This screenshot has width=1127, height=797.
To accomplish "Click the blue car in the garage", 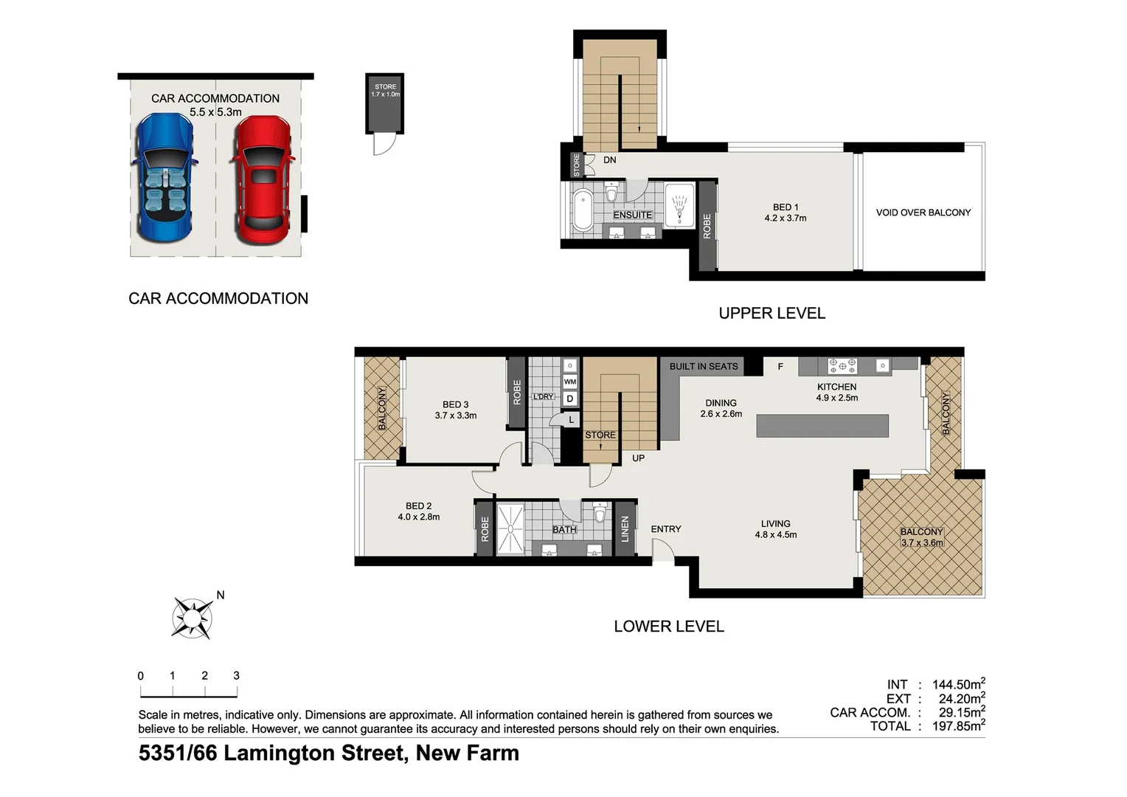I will [164, 179].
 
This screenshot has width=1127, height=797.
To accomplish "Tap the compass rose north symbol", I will [193, 617].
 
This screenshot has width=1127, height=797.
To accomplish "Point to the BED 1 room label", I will [786, 207].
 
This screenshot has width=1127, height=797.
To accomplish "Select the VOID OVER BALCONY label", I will [923, 213].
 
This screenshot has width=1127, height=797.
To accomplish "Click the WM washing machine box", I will [570, 382].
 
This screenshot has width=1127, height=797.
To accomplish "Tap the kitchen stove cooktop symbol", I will [842, 365].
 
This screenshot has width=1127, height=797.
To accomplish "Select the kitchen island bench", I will [822, 426].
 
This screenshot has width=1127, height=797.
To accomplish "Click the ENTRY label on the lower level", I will [665, 529].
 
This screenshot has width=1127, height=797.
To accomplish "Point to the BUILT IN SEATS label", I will [703, 366].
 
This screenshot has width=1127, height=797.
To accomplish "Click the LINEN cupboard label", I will [625, 528].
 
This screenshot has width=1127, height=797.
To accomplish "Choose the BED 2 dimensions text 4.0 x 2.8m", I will [418, 517].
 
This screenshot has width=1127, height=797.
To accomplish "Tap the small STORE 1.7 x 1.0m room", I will [385, 103].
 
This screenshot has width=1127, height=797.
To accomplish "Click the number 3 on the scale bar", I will [236, 675].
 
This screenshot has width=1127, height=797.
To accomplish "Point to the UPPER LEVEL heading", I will [771, 313].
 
